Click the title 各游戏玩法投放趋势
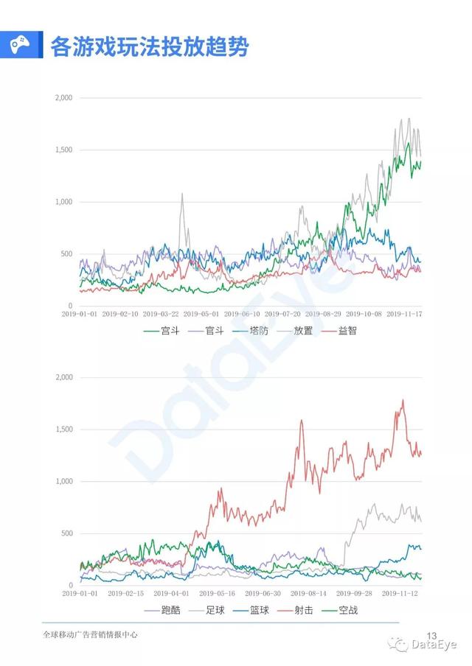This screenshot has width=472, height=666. pos(150,47)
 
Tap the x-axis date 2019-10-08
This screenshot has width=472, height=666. pos(361,314)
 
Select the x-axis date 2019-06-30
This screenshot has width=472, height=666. pos(263,592)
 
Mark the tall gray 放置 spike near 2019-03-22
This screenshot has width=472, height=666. pos(182,194)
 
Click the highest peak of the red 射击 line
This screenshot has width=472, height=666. pos(403,400)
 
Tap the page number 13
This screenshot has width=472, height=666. pos(432,635)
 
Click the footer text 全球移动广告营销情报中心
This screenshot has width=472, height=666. pos(91,635)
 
